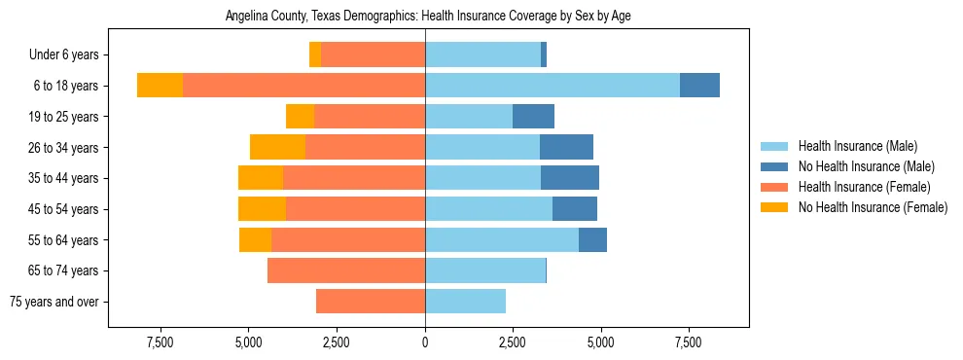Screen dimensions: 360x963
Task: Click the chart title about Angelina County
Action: (429, 17)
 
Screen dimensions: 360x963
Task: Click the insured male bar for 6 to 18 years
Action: (552, 86)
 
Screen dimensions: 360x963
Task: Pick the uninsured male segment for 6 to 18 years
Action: (699, 86)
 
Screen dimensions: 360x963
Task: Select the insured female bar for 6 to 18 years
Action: (303, 86)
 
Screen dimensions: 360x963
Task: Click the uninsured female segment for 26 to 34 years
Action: (277, 147)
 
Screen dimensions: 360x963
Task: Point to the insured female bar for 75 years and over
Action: (371, 302)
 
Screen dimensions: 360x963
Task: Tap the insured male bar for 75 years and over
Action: (465, 302)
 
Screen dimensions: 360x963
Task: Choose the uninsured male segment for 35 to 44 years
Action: (570, 178)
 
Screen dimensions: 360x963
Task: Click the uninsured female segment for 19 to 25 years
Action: (300, 117)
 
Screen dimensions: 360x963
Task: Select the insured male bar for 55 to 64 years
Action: (502, 240)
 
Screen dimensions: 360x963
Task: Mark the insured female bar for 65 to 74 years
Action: (346, 270)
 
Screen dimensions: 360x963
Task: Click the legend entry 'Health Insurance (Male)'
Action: (857, 146)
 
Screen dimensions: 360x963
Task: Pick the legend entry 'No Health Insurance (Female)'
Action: (872, 207)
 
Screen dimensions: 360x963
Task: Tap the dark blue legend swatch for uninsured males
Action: (774, 166)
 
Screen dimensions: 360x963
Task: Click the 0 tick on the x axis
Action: (425, 342)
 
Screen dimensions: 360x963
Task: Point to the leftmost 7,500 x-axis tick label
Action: (160, 342)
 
